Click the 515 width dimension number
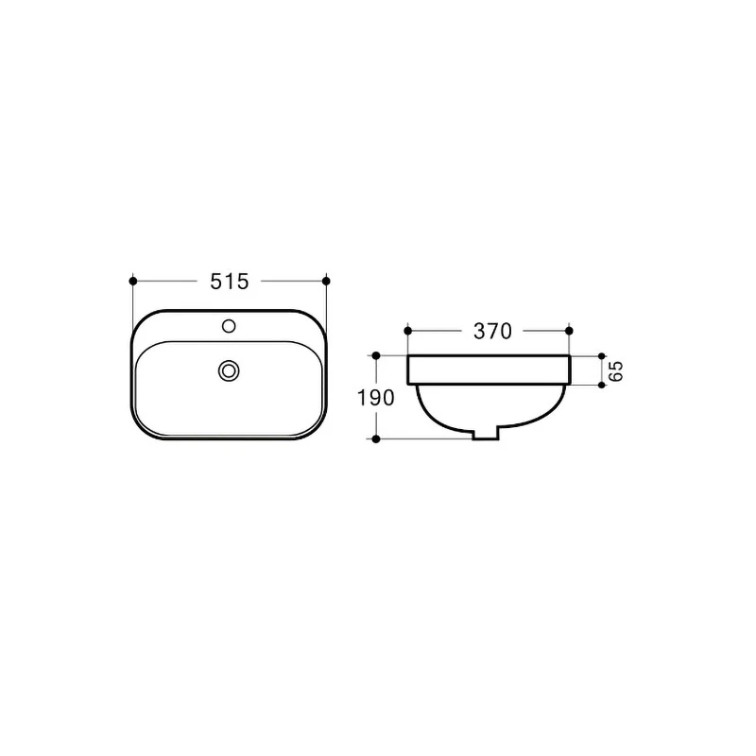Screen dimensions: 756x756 pyautogui.click(x=230, y=281)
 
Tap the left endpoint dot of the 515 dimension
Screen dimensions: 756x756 pyautogui.click(x=133, y=281)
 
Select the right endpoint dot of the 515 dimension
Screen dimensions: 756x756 pyautogui.click(x=326, y=281)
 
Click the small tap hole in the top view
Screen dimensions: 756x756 pyautogui.click(x=228, y=327)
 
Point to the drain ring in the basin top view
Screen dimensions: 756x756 pyautogui.click(x=228, y=370)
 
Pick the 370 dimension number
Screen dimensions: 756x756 pyautogui.click(x=491, y=331)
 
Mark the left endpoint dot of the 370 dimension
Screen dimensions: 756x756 pyautogui.click(x=407, y=331)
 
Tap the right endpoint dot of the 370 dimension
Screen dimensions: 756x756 pyautogui.click(x=569, y=331)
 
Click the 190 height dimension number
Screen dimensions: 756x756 pyautogui.click(x=376, y=398)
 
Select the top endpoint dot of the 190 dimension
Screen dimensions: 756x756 pyautogui.click(x=376, y=356)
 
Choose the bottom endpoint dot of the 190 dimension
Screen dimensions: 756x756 pyautogui.click(x=376, y=439)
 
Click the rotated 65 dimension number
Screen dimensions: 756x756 pyautogui.click(x=615, y=370)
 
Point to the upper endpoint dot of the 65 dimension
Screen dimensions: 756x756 pyautogui.click(x=602, y=356)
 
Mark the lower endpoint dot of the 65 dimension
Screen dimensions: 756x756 pyautogui.click(x=602, y=385)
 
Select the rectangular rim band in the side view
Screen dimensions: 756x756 pyautogui.click(x=488, y=370)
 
